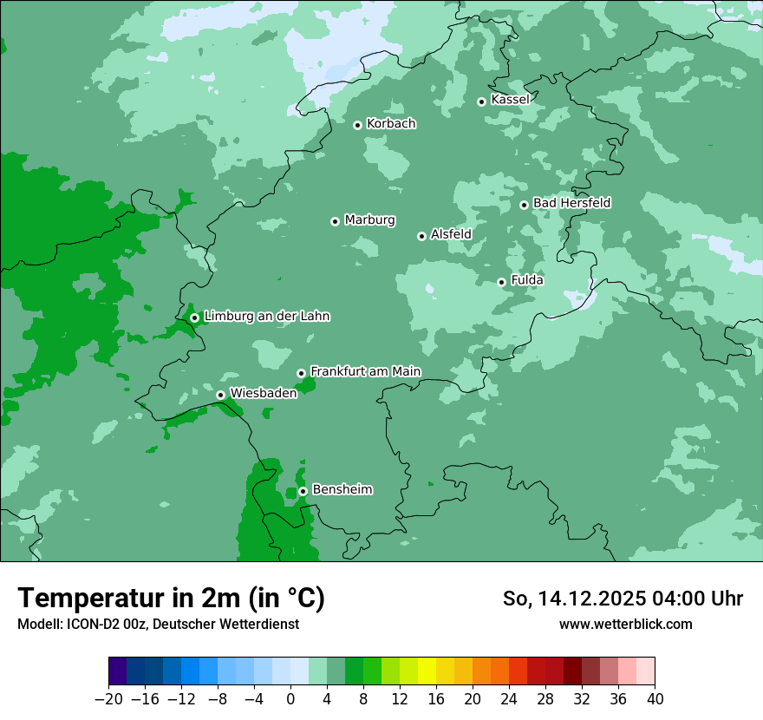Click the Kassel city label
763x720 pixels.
coord(510,100)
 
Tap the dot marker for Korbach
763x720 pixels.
coord(357,125)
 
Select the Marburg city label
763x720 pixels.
coord(369,220)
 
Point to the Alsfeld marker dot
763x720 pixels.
coord(421,236)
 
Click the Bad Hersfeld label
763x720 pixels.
coord(571,203)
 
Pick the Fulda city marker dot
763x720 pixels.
coord(501,282)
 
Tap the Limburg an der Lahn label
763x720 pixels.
coord(266,317)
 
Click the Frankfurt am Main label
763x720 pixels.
coord(365,371)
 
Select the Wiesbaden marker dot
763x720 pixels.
coord(220,395)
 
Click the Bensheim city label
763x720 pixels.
coord(342,489)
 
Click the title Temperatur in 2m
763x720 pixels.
coord(171,598)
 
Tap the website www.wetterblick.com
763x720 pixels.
coord(625,624)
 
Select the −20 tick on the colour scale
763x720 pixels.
coord(108,699)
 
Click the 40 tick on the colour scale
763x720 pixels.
coord(655,699)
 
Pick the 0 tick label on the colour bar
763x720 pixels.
coord(290,699)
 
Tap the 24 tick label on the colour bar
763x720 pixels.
coord(509,699)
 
